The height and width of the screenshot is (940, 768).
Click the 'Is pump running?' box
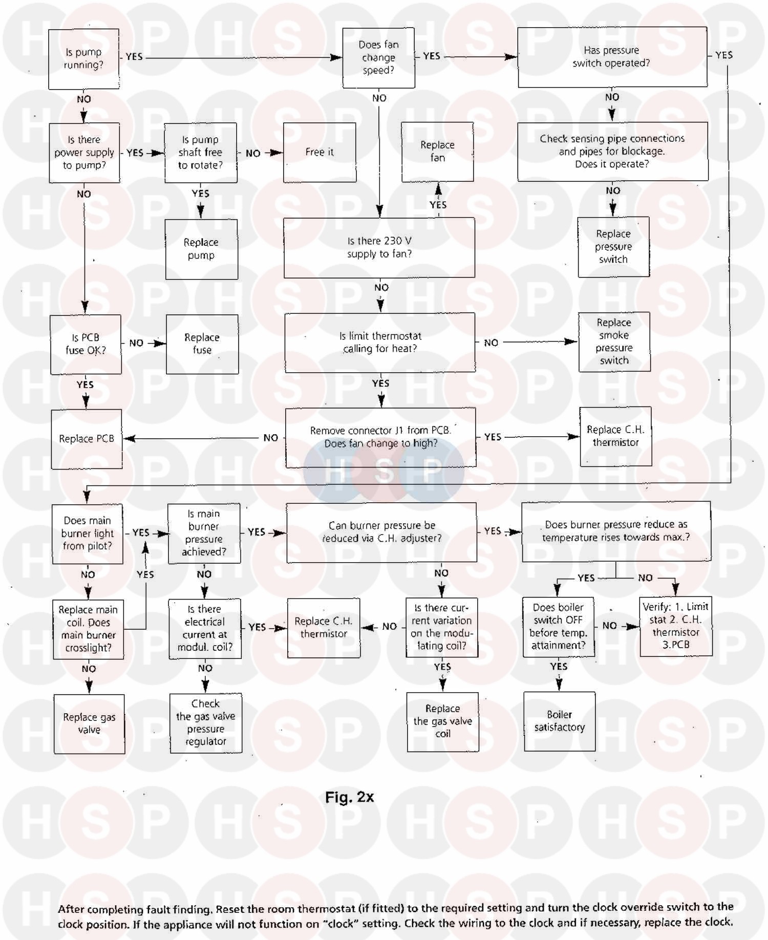click(x=84, y=59)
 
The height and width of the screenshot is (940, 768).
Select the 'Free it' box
click(x=320, y=152)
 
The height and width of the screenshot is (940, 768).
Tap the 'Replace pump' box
click(x=201, y=249)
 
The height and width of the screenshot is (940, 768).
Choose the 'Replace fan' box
click(x=437, y=152)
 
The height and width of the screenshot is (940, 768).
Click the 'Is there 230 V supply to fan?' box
click(x=379, y=247)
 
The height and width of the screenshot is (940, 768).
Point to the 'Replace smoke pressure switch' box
click(x=614, y=341)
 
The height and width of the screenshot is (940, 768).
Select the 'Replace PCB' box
click(x=87, y=439)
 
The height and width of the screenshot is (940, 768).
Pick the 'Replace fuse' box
click(x=202, y=344)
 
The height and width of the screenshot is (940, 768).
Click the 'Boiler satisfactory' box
click(x=560, y=721)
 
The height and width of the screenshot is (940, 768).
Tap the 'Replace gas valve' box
click(x=90, y=723)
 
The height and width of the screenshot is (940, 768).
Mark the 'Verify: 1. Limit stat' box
click(x=676, y=626)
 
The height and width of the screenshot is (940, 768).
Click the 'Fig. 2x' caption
click(x=350, y=797)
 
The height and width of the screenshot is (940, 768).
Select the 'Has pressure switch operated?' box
click(x=612, y=57)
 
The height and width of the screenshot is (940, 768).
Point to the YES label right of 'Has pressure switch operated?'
click(x=724, y=55)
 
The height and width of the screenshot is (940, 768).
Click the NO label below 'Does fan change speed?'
click(x=379, y=98)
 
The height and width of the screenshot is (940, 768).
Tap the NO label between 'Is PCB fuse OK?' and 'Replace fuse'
click(x=136, y=343)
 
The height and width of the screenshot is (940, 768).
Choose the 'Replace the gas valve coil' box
click(x=443, y=722)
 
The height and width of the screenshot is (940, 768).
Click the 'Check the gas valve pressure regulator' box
click(x=206, y=723)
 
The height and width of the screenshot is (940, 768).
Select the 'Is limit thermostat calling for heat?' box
click(x=380, y=343)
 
